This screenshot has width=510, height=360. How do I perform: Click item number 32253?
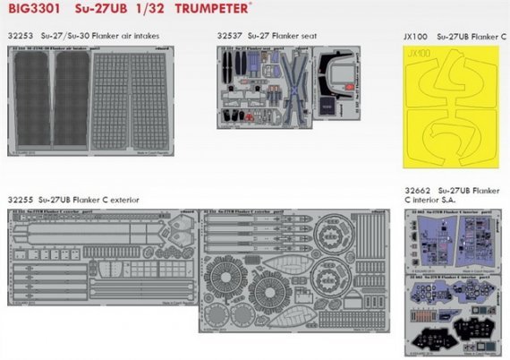pos(21,36)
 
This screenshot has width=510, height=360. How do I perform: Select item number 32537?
pos(231,36)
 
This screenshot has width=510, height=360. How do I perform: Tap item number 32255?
pos(21,198)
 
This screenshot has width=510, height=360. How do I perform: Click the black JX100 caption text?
pos(417,37)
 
